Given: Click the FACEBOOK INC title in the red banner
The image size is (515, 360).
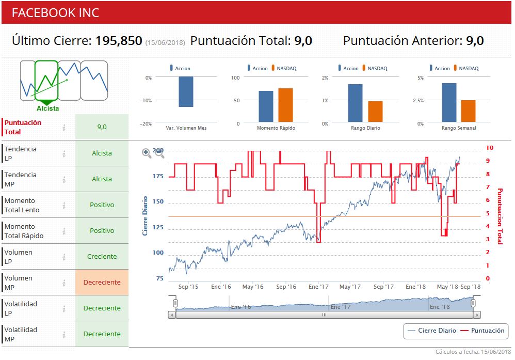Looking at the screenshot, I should (55, 13).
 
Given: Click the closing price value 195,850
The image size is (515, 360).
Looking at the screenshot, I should (119, 41).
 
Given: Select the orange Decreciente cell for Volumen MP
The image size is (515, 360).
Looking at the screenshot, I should (102, 283).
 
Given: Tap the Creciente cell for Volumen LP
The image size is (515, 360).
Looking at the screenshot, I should (102, 257).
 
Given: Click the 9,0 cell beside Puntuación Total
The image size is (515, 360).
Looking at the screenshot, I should (102, 127).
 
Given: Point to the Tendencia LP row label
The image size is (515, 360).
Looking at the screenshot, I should (21, 153).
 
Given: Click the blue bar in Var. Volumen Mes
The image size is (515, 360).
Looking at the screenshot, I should (186, 92).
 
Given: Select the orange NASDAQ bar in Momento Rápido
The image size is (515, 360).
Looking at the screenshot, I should (285, 105).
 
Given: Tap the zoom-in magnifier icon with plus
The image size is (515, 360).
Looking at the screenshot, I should (147, 153).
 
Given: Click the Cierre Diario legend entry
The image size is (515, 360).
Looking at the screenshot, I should (432, 331).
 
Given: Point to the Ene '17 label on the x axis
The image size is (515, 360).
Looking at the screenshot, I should (318, 287).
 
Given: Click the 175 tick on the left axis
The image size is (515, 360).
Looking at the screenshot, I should (157, 176).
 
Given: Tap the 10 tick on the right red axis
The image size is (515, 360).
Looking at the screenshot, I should (490, 148).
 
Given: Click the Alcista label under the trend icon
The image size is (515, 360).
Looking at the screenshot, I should (47, 108).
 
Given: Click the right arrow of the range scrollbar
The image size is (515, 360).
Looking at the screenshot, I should (477, 315).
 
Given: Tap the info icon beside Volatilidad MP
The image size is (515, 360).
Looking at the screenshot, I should (64, 334).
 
